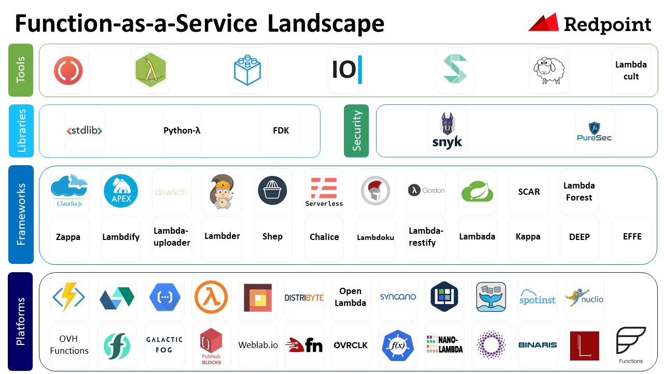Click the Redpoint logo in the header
tap(590, 24)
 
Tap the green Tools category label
tap(21, 70)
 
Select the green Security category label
tap(356, 131)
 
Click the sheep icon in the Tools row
tap(549, 70)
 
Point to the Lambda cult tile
tap(631, 71)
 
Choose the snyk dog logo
tap(447, 131)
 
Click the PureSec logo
tap(594, 131)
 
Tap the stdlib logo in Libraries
tap(85, 131)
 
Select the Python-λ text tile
tap(182, 130)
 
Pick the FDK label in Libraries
tap(281, 130)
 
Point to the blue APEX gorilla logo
tap(120, 191)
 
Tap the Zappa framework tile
tap(68, 237)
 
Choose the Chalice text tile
tap(324, 237)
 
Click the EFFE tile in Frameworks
tap(632, 236)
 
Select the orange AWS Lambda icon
tap(211, 297)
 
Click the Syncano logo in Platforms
tap(398, 297)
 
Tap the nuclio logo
tap(585, 298)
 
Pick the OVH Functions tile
tap(69, 345)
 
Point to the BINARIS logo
tap(537, 344)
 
